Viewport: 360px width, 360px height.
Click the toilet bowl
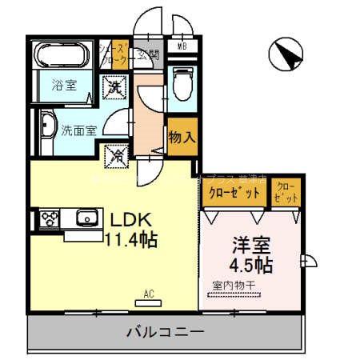pos(181,84)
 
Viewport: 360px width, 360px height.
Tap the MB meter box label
pos(181,46)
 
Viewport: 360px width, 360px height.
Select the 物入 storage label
pos(181,137)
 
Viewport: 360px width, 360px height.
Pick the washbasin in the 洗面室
pos(46,126)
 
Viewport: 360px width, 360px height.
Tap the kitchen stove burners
pos(49,217)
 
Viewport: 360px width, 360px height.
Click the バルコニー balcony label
pos(166,332)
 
